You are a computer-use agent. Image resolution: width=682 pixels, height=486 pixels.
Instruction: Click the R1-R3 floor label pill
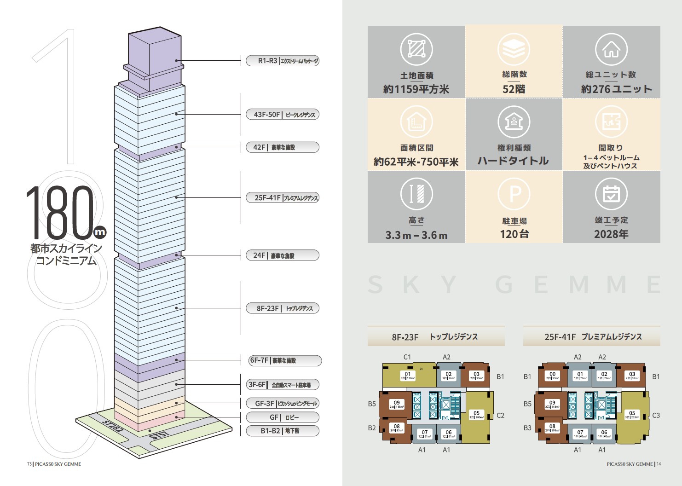coord(282,61)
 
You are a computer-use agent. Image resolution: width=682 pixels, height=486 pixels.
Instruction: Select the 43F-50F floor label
coord(282,115)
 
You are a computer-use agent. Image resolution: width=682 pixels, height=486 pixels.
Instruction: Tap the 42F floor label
coord(282,147)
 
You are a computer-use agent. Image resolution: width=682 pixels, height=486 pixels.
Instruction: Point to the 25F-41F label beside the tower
coord(282,198)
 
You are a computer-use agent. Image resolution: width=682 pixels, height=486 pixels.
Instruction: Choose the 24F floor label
coord(282,255)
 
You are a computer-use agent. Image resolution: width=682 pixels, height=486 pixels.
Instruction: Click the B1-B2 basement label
coord(282,431)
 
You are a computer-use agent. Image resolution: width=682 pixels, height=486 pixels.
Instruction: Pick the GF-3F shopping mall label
coord(282,404)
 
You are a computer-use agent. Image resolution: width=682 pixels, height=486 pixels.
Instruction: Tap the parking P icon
coord(514,194)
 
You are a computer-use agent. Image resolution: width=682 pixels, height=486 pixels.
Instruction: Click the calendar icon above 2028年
coord(611,194)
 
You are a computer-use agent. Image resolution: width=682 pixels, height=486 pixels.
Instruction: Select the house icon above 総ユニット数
coord(611,49)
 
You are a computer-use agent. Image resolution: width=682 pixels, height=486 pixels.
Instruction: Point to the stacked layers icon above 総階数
coord(514,49)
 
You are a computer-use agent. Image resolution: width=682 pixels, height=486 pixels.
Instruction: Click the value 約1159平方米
coord(416,89)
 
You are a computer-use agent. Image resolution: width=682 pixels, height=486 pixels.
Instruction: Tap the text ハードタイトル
coord(513,161)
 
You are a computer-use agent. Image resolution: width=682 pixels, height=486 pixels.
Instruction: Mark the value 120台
coord(514,234)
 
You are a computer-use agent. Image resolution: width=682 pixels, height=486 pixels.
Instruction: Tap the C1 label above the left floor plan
coord(407,357)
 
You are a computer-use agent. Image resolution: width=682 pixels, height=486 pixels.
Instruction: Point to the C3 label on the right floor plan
coord(656,415)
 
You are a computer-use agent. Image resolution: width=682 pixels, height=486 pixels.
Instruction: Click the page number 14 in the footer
coord(659,464)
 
